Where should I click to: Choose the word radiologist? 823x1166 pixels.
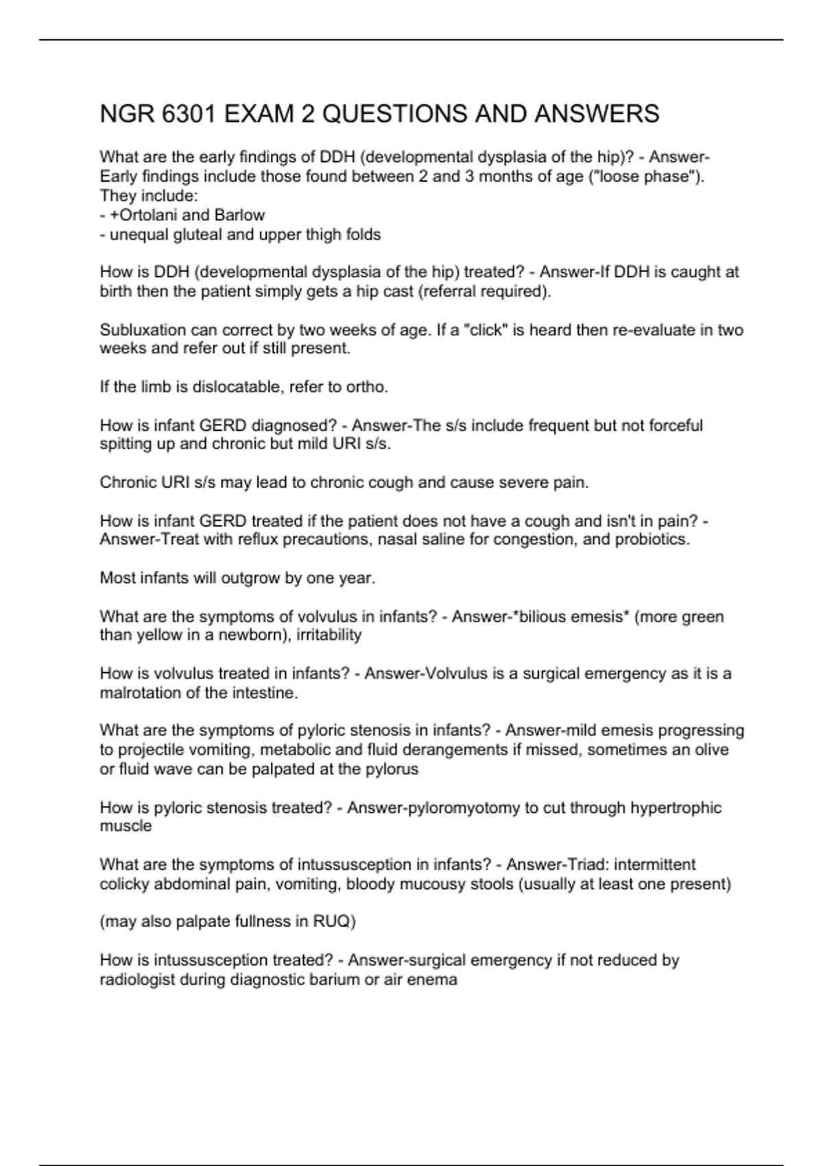tap(137, 979)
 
